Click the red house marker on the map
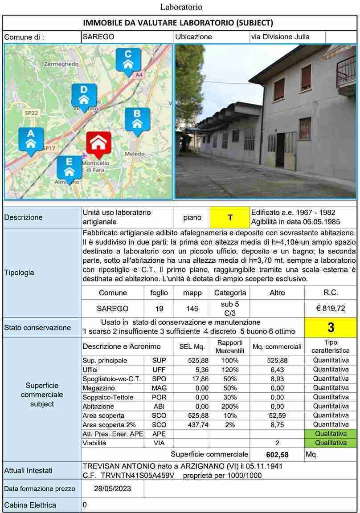(98, 144)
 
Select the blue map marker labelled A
(31, 139)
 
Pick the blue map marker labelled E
(69, 168)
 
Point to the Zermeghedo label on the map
(61, 64)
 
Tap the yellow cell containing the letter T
(230, 217)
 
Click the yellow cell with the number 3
(331, 327)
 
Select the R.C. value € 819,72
(331, 308)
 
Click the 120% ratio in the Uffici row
(230, 370)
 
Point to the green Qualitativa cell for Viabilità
(331, 443)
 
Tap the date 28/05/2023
(113, 489)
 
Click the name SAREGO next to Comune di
(98, 37)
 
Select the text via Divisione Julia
(280, 37)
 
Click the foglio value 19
(159, 308)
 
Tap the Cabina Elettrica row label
(30, 505)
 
